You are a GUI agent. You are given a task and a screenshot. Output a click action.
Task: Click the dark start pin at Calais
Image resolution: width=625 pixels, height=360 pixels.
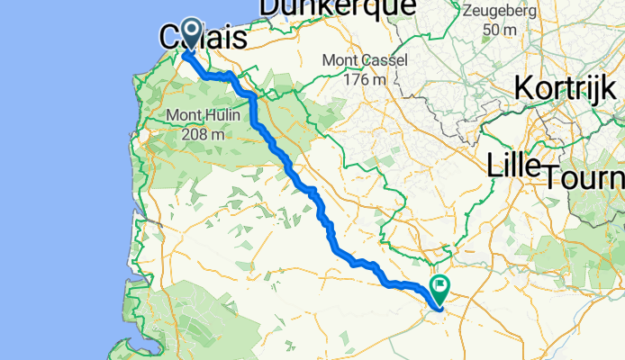tap(191, 32)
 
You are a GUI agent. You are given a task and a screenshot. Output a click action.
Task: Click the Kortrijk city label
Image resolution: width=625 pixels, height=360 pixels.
tap(567, 89)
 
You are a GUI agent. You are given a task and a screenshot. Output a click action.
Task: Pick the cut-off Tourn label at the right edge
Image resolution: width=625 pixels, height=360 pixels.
tap(584, 177)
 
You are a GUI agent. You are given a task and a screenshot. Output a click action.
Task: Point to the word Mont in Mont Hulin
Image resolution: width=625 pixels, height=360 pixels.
tap(184, 115)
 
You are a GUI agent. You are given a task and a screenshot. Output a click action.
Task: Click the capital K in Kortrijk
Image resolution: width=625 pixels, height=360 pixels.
tap(523, 89)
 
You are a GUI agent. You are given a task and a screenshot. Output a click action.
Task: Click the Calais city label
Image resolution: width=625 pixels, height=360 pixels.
tap(204, 40)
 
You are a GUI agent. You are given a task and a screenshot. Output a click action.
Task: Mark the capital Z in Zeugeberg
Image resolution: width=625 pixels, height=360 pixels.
tap(466, 13)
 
